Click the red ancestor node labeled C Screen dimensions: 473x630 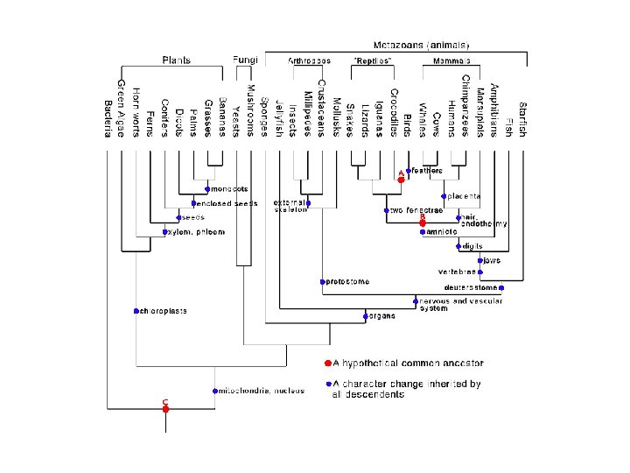click(x=165, y=408)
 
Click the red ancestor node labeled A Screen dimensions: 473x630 click(x=401, y=179)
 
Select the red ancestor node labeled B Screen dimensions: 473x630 click(x=422, y=223)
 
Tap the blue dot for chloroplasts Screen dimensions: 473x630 click(x=137, y=311)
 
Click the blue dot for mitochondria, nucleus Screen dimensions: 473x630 click(x=214, y=391)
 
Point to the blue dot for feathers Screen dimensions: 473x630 click(x=409, y=170)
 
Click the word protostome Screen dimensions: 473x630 click(x=348, y=282)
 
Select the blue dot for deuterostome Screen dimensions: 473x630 click(x=501, y=286)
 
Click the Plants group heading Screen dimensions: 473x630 click(x=176, y=60)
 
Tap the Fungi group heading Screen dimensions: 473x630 click(x=245, y=60)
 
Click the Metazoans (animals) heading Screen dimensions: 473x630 click(x=426, y=44)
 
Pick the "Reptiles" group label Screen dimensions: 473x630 click(x=371, y=60)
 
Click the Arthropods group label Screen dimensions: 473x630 click(x=310, y=60)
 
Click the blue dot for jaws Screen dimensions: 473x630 click(x=479, y=260)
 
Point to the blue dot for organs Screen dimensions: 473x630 click(x=365, y=314)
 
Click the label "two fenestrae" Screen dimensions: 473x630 click(x=411, y=210)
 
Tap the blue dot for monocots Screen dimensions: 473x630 click(x=206, y=189)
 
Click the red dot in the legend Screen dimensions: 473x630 click(x=327, y=363)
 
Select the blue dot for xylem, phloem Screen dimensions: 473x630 click(x=165, y=232)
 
